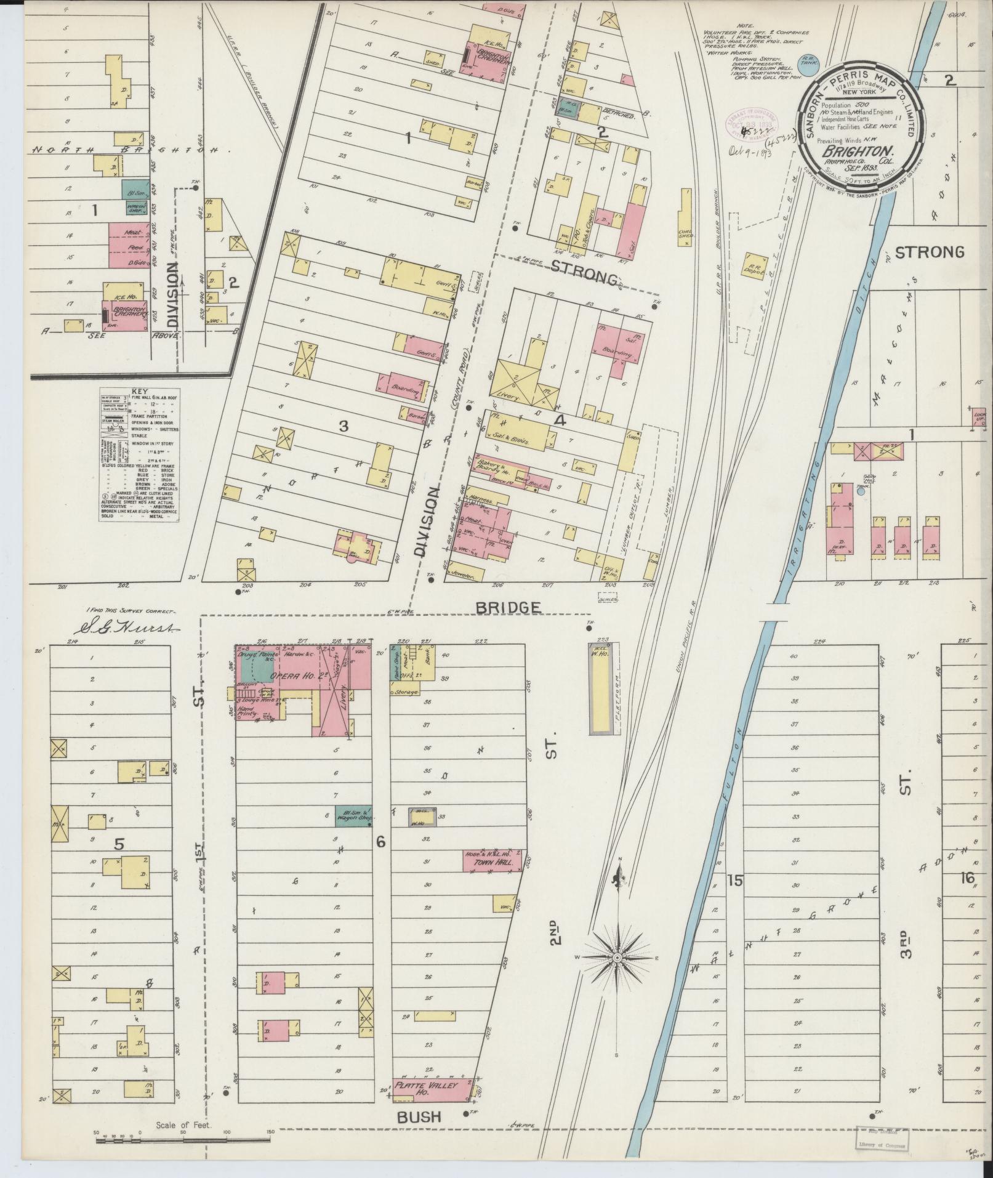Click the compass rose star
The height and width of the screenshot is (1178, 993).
tap(617, 975)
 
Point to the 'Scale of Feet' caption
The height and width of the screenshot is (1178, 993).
tap(184, 1124)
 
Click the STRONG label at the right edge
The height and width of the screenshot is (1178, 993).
tap(929, 252)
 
